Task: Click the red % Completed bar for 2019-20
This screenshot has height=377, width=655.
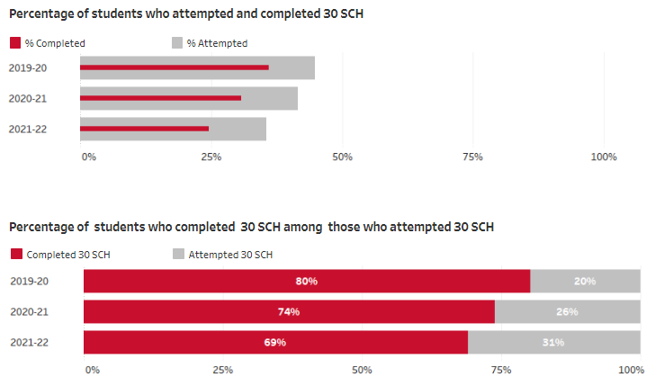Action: point(174,67)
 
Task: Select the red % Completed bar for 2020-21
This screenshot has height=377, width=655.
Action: point(160,97)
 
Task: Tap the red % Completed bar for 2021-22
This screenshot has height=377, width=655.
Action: point(144,128)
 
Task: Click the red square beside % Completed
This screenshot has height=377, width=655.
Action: point(14,43)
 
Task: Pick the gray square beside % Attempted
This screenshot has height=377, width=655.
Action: point(176,43)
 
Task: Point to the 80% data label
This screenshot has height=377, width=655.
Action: point(306,282)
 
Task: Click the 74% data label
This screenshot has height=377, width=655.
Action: point(289,312)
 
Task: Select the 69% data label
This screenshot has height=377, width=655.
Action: point(275,343)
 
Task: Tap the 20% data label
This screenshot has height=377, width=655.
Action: point(585,282)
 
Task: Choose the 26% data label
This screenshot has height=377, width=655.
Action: point(568,312)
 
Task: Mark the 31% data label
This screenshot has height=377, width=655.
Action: point(553,343)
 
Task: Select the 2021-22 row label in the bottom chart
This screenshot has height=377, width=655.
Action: point(28,343)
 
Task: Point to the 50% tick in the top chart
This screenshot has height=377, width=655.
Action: point(342,157)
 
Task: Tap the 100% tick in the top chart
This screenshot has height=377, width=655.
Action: point(603,157)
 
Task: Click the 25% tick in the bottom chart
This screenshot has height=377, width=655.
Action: point(222,370)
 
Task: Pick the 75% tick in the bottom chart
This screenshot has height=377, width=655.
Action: point(501,370)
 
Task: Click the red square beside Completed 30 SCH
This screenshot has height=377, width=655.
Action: point(14,255)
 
